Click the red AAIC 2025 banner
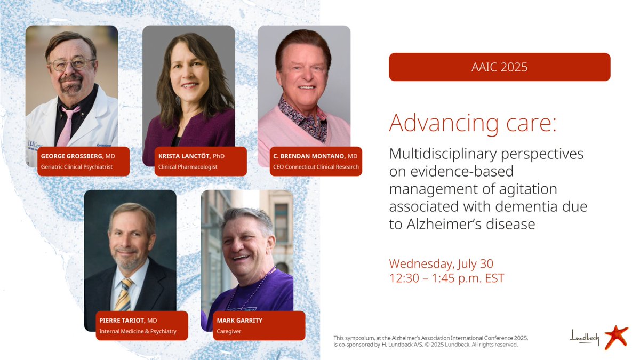[499, 67]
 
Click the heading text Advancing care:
[473, 123]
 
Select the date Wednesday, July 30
[441, 263]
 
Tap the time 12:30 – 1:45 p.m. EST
[446, 278]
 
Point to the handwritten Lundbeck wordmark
[585, 337]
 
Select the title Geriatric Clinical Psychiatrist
[77, 167]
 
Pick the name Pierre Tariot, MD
[128, 321]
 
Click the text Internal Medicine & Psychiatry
[138, 331]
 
